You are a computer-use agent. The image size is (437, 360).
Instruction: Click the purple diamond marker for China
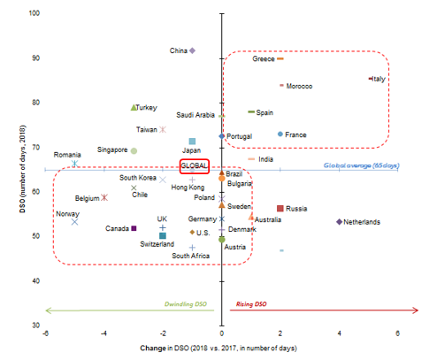click(193, 50)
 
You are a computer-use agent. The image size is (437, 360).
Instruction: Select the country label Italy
click(379, 79)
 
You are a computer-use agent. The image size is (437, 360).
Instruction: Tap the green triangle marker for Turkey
click(134, 108)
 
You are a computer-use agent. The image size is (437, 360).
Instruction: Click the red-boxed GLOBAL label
click(194, 165)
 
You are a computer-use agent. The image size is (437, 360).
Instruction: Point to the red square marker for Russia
click(280, 209)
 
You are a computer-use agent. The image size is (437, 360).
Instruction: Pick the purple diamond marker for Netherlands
click(340, 222)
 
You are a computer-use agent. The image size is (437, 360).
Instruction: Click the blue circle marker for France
click(280, 134)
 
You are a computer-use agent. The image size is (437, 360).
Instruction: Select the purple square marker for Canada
click(134, 228)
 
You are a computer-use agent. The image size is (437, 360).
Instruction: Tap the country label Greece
click(264, 59)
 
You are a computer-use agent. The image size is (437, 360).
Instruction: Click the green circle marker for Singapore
click(134, 150)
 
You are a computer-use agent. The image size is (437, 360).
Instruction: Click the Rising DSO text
click(251, 304)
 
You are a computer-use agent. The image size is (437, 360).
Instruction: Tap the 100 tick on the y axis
click(32, 13)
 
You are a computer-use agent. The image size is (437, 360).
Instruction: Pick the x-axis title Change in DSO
click(220, 350)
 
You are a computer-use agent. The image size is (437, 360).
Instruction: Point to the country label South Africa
click(190, 256)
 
